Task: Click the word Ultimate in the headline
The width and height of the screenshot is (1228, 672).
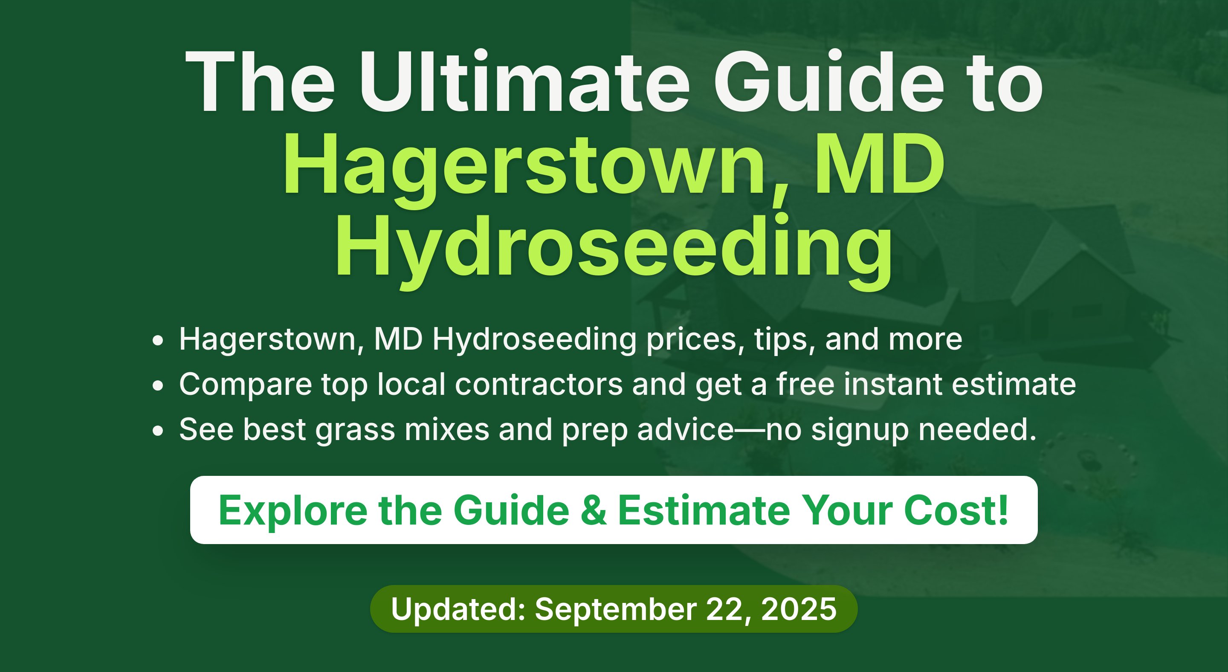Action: pyautogui.click(x=524, y=81)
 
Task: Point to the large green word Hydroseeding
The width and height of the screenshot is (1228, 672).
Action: pyautogui.click(x=614, y=250)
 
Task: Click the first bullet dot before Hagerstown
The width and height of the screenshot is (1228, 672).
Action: pyautogui.click(x=158, y=341)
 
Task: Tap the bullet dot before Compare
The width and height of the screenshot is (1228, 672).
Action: pyautogui.click(x=158, y=386)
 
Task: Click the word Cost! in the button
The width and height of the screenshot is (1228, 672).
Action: pyautogui.click(x=956, y=510)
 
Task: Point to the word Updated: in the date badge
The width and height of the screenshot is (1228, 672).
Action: pyautogui.click(x=458, y=609)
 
